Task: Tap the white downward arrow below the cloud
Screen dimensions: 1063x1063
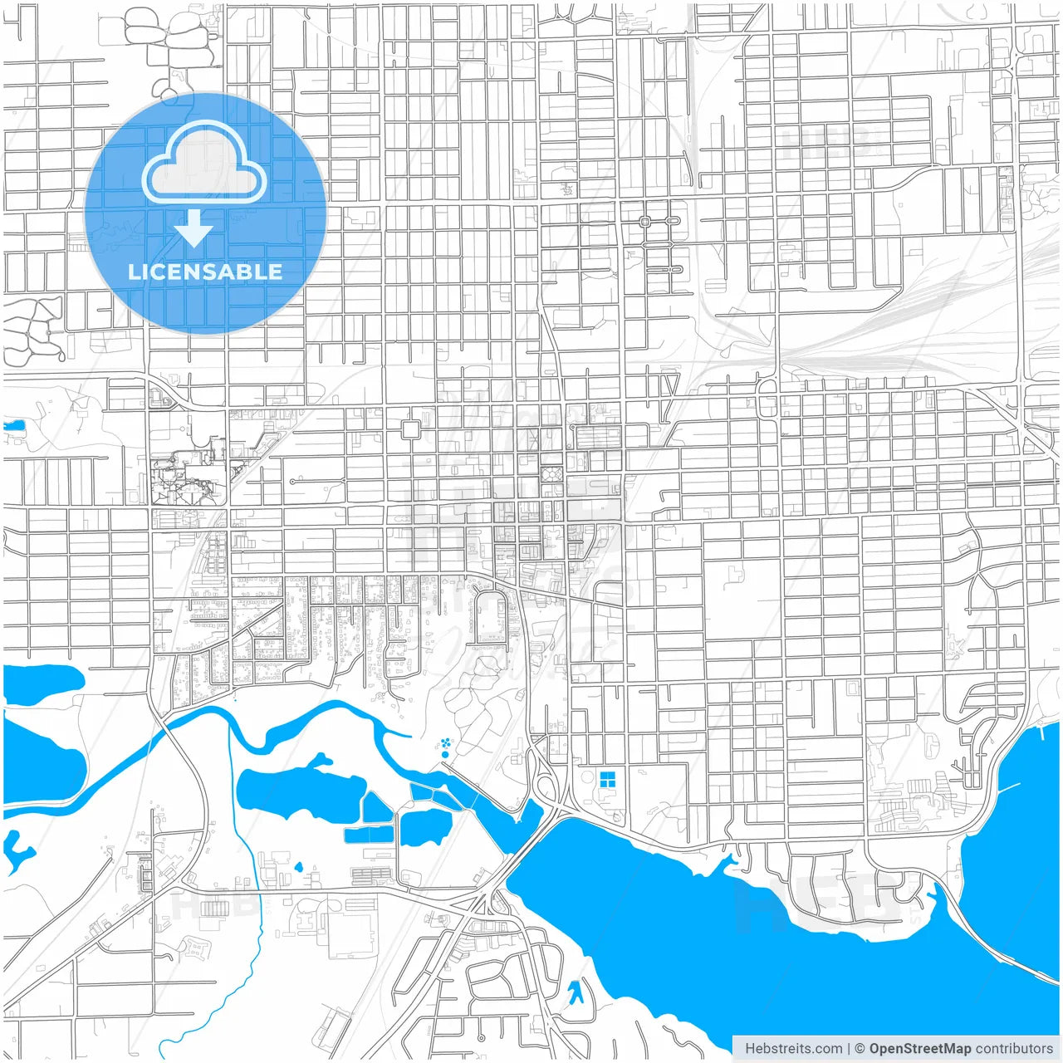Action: pos(194,228)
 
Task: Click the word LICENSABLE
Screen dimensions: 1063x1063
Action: pos(205,272)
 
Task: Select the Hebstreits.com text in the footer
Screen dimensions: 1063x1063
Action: pos(793,1049)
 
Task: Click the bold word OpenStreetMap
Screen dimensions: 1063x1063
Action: pos(919,1049)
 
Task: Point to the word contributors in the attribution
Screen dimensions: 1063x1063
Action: pos(1014,1049)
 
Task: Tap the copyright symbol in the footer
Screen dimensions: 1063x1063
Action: pos(860,1049)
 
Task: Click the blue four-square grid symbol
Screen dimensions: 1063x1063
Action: pos(607,778)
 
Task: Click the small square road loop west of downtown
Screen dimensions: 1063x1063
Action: pos(410,429)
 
